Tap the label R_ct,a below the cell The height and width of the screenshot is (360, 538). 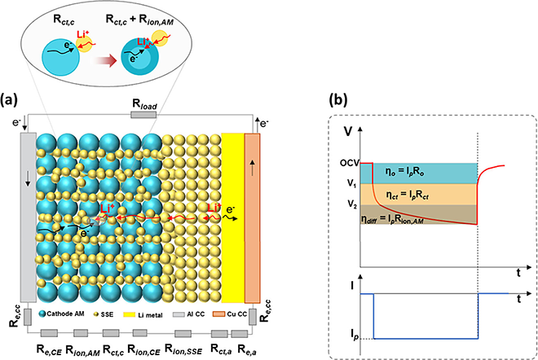tap(218, 351)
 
